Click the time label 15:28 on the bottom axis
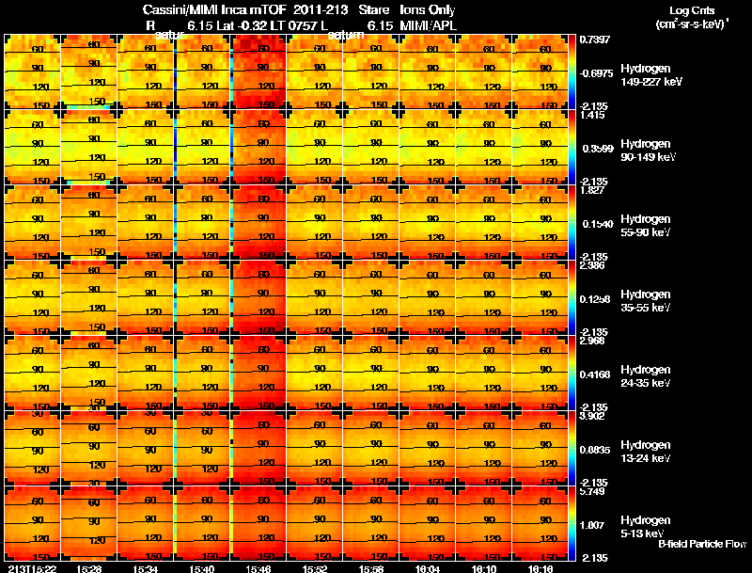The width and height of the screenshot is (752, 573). tap(90, 568)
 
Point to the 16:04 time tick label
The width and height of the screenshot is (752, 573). tap(428, 568)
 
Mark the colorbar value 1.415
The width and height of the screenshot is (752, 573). tap(593, 115)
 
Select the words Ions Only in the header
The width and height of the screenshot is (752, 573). tap(429, 10)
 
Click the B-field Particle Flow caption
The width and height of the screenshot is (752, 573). tap(701, 544)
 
